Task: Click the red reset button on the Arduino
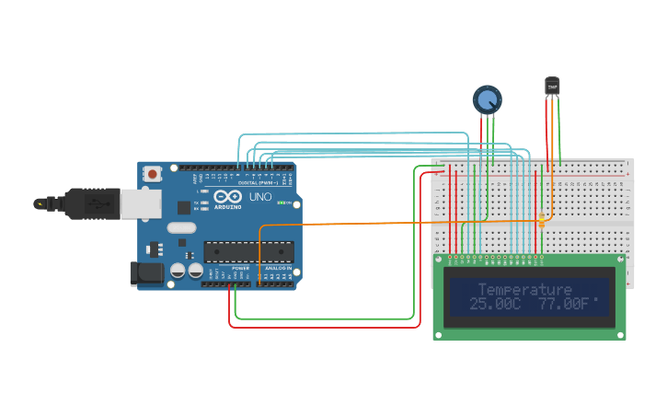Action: coord(152,172)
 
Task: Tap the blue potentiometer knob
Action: coord(488,98)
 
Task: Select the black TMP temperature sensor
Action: coord(552,86)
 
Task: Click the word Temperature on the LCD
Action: coord(524,290)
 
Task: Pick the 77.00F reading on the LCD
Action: coord(563,304)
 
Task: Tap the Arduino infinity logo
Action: coord(226,196)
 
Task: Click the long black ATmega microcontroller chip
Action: coord(248,250)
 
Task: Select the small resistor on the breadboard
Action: coord(542,221)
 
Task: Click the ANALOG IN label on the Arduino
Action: coord(278,268)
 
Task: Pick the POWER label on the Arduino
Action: coord(240,268)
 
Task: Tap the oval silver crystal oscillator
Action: coord(181,227)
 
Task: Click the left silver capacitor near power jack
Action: coord(178,271)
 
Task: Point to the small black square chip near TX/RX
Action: coord(184,207)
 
